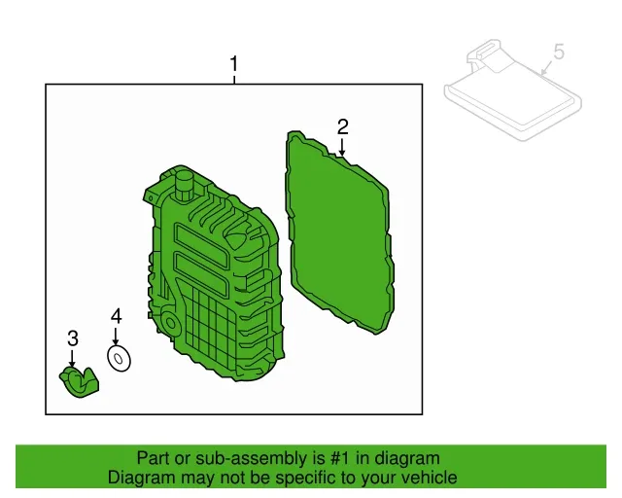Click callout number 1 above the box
point(234,64)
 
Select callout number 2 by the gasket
point(343,126)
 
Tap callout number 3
point(73,338)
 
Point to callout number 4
point(117,316)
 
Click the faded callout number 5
point(559,52)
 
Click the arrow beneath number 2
point(342,147)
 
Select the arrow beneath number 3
point(72,358)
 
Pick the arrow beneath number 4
point(116,336)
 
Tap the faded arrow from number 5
point(548,68)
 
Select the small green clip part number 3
point(79,382)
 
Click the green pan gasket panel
point(340,232)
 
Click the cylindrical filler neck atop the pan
point(184,185)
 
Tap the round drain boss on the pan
point(169,323)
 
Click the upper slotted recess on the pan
point(201,241)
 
